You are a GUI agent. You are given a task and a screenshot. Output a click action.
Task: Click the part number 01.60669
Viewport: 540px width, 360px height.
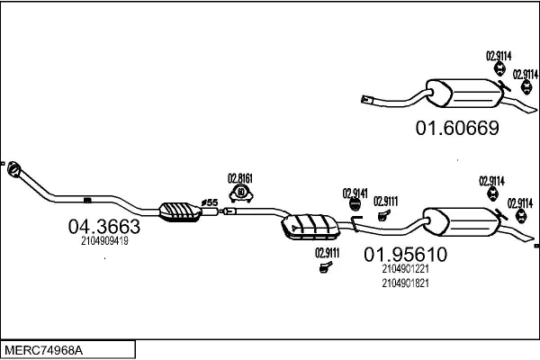point(457,128)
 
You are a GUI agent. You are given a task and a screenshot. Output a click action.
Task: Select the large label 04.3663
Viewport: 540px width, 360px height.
point(104,226)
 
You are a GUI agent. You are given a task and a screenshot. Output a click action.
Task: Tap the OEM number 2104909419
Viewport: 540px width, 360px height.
point(104,241)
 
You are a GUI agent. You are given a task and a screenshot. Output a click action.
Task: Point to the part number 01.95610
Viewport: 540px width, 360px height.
point(405,254)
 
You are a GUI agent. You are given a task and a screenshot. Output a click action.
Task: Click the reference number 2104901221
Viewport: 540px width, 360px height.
point(405,268)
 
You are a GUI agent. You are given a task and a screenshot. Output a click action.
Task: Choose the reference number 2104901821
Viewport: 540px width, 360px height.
point(405,283)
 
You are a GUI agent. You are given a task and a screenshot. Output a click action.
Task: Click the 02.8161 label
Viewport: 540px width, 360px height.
point(240,178)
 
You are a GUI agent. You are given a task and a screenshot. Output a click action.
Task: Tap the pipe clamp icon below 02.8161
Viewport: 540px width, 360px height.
point(241,193)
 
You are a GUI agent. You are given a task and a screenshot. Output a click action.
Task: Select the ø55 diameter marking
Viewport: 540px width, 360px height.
point(210,202)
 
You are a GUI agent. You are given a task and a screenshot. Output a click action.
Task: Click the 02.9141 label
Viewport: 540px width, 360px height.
point(355,193)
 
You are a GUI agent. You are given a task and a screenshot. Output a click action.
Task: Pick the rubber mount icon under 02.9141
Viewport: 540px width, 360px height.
point(355,204)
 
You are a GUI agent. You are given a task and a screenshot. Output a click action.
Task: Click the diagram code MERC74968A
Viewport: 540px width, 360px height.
point(44,351)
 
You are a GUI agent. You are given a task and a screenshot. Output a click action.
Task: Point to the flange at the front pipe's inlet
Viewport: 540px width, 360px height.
point(14,169)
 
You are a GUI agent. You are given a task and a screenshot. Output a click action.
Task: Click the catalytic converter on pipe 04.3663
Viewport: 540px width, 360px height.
point(180,212)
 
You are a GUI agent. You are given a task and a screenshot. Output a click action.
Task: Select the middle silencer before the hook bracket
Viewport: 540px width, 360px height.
point(310,227)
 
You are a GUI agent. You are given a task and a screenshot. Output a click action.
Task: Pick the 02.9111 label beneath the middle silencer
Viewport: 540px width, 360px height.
point(328,253)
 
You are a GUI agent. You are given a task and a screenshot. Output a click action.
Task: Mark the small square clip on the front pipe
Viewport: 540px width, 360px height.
point(87,200)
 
